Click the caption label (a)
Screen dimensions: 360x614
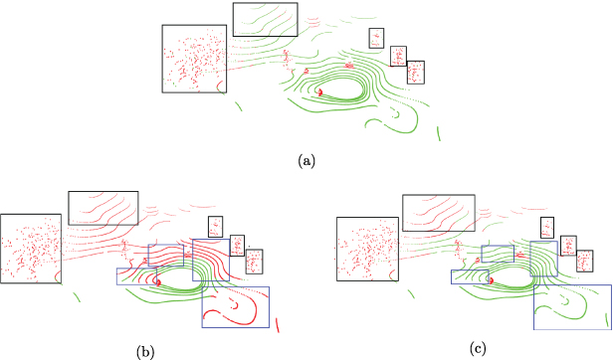307,159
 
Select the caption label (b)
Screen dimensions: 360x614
145,351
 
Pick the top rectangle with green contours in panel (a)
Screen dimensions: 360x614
265,19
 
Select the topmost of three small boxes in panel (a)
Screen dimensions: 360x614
376,38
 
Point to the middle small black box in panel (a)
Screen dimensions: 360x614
398,56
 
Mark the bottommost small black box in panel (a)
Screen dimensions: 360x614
416,72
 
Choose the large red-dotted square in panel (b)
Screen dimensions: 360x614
34,248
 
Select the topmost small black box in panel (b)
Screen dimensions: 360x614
214,227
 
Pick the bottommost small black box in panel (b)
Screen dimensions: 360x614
253,261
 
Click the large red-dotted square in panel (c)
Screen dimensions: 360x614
367,248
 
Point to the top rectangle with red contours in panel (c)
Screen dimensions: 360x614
439,213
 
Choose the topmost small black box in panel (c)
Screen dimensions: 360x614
546,227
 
